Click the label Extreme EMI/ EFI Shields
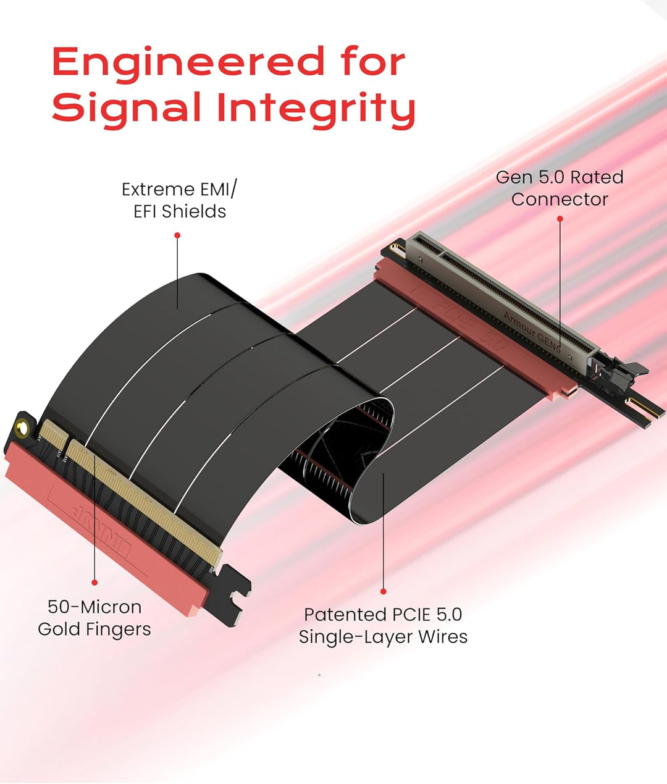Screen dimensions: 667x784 (x=179, y=200)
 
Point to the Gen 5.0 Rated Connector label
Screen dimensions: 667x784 (x=560, y=188)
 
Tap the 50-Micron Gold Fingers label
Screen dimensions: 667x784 (x=94, y=618)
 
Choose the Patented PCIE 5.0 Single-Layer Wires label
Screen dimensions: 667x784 (x=383, y=625)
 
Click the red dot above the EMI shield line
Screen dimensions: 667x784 (x=177, y=235)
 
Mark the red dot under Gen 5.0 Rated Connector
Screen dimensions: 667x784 (x=560, y=219)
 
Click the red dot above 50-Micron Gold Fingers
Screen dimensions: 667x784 (x=94, y=582)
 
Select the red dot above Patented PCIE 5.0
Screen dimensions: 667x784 (x=384, y=591)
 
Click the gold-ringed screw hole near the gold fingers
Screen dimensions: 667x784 (x=22, y=428)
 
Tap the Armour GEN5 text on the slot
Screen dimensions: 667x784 (x=532, y=331)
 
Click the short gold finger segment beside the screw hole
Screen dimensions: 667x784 (x=54, y=435)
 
